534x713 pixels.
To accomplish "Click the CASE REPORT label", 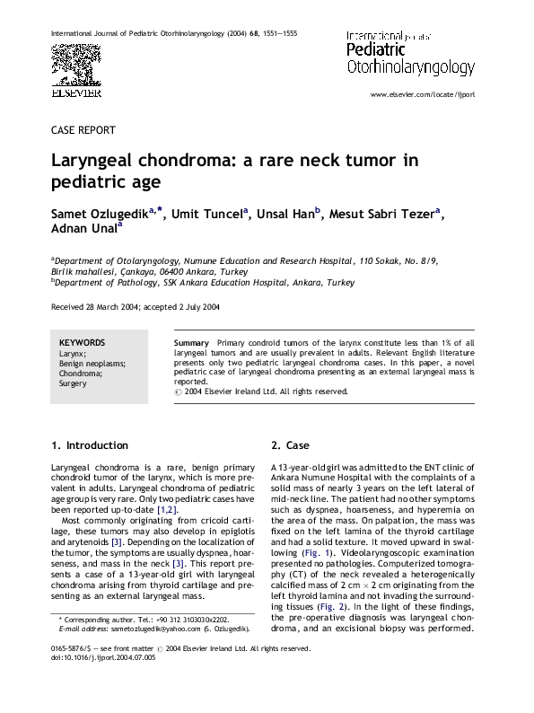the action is (83, 130).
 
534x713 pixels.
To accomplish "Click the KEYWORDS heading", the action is (82, 343).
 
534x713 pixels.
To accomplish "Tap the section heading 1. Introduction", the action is (89, 445).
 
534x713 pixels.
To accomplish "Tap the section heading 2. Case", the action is (290, 445).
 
